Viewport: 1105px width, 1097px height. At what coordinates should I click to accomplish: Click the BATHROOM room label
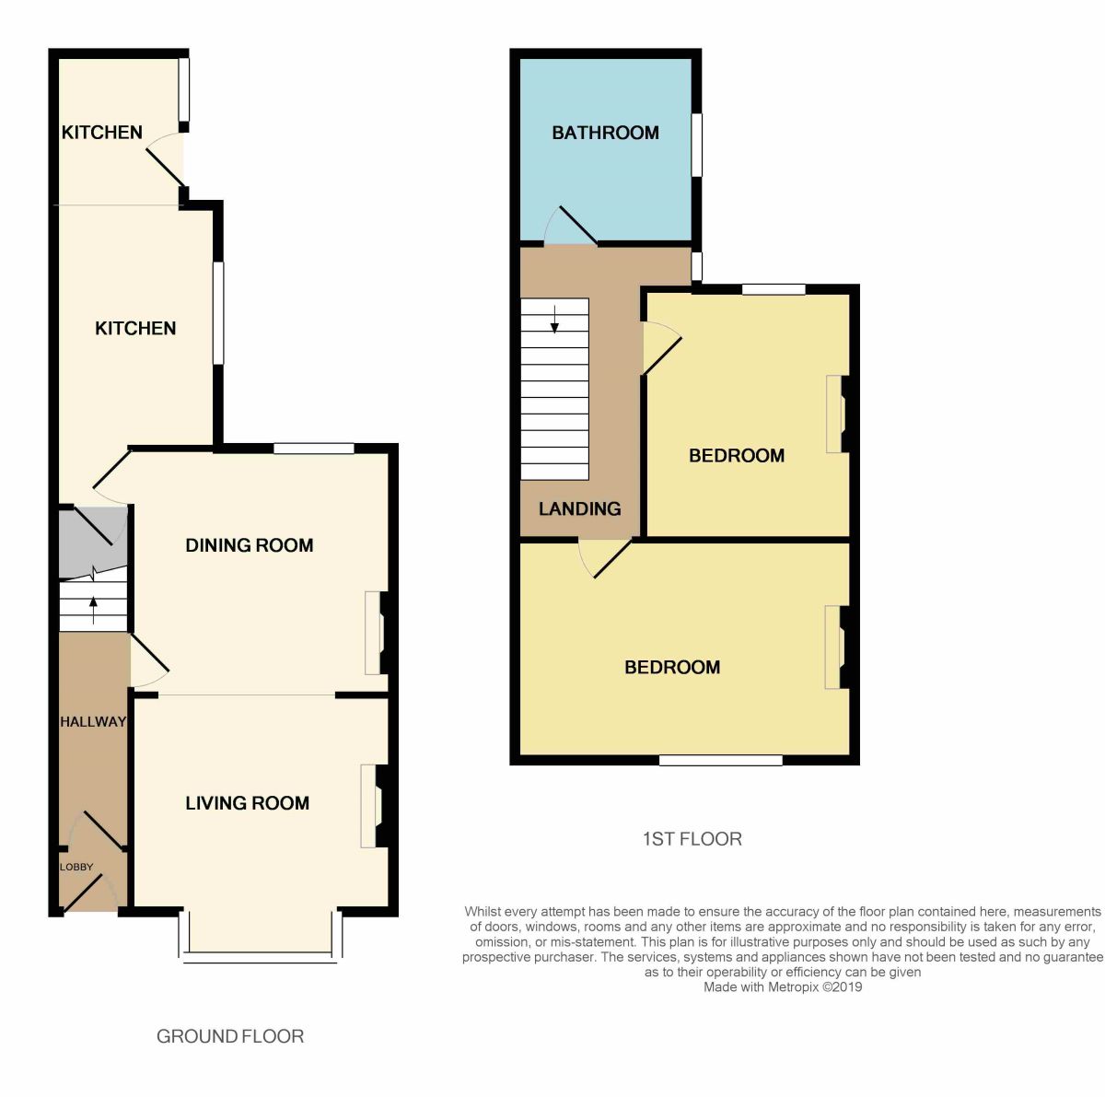click(605, 134)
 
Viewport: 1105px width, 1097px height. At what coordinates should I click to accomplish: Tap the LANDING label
click(579, 509)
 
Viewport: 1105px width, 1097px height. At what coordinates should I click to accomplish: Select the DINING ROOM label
click(250, 545)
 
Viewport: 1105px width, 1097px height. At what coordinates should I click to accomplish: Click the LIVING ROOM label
click(247, 802)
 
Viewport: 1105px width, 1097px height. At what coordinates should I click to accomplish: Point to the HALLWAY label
click(93, 722)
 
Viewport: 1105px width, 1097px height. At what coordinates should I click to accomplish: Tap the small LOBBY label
click(76, 867)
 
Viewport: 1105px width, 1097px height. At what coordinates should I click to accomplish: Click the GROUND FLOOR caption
click(230, 1036)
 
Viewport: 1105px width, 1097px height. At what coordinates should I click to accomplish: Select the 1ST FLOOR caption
click(692, 839)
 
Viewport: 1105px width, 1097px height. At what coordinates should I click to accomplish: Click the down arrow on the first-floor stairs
click(554, 319)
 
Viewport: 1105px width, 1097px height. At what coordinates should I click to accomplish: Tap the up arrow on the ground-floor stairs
click(93, 610)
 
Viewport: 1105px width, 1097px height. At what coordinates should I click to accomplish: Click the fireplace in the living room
click(376, 806)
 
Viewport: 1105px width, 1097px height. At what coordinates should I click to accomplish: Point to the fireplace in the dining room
click(378, 633)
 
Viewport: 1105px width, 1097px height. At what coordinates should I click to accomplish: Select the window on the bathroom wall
click(697, 146)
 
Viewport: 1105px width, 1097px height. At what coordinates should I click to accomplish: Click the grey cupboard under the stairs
click(93, 543)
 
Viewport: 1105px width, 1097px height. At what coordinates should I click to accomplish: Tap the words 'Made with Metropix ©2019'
click(782, 986)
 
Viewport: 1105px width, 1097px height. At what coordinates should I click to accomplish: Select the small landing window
click(697, 267)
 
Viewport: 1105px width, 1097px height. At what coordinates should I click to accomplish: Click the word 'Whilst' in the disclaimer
click(485, 911)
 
